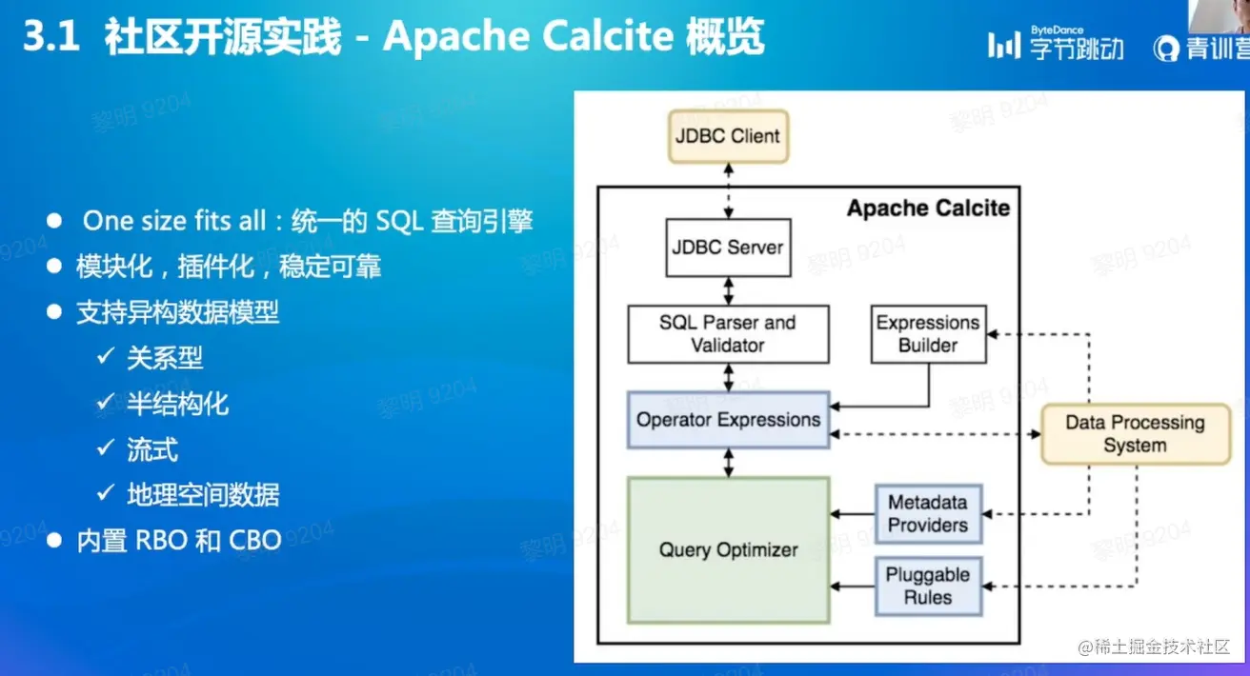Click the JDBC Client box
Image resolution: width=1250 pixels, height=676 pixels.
point(728,137)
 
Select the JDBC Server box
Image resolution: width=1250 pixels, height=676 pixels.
point(728,248)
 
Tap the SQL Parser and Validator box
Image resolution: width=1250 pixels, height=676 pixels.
point(728,334)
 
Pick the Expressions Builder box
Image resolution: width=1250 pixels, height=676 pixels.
point(929,334)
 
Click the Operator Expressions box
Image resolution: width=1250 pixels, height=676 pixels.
point(728,420)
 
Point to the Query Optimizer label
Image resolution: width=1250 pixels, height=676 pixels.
point(728,550)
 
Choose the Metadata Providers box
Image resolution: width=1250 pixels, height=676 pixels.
point(929,514)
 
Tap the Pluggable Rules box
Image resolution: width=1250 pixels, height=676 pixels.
point(929,587)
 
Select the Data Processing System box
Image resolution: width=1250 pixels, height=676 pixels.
point(1136,434)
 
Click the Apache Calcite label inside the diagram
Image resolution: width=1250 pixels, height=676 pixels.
point(929,209)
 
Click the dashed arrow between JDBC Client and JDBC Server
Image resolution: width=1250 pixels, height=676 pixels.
point(728,190)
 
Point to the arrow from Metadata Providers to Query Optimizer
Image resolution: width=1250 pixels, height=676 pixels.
point(853,514)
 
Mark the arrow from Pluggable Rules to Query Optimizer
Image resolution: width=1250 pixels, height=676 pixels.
point(853,587)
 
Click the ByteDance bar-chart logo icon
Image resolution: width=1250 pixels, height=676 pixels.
point(1004,45)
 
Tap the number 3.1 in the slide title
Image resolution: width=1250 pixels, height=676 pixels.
point(51,37)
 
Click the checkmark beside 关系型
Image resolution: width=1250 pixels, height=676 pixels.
point(106,355)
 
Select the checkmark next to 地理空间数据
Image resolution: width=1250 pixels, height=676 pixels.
point(106,492)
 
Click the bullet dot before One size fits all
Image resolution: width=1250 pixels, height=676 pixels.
point(54,221)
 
